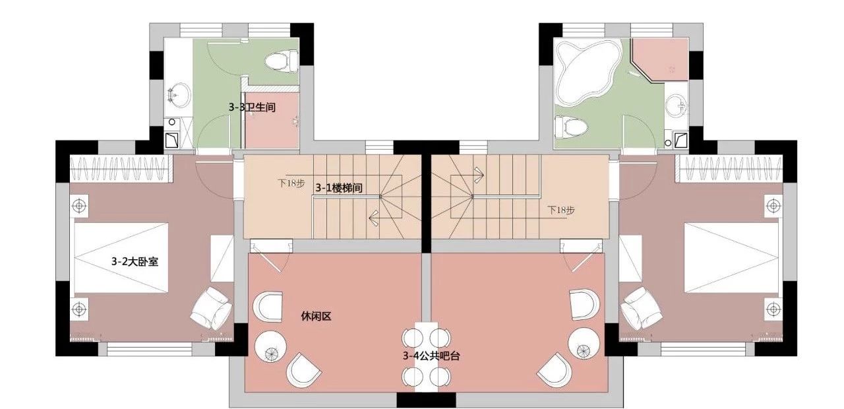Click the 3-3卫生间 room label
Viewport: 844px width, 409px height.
tap(252, 108)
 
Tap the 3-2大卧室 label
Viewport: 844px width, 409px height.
tap(135, 261)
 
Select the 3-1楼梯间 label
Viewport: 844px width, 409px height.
tap(339, 188)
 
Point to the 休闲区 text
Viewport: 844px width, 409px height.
tap(316, 316)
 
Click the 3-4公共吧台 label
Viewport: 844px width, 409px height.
tap(431, 356)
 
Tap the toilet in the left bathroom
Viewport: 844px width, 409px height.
tap(282, 61)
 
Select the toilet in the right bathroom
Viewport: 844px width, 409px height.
tap(571, 127)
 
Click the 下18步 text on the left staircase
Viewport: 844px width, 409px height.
tap(291, 183)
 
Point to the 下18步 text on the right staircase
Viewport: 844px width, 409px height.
tap(561, 210)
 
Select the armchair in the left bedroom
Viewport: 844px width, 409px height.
tap(211, 309)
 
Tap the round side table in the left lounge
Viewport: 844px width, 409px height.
tap(270, 346)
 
